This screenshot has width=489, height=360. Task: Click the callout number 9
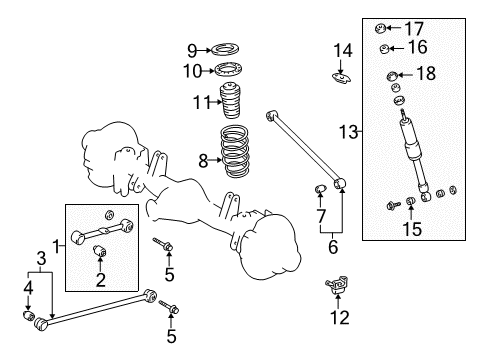pos(192,49)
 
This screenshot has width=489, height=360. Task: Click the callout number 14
pos(342,49)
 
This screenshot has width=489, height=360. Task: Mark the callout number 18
pos(426,73)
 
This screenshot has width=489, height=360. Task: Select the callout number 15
pos(414,229)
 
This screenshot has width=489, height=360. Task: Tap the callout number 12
pos(341,318)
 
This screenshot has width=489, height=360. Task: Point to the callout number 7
pos(321,217)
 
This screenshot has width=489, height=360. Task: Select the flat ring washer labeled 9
pos(228,49)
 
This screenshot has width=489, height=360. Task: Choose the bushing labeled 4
pos(29,318)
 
